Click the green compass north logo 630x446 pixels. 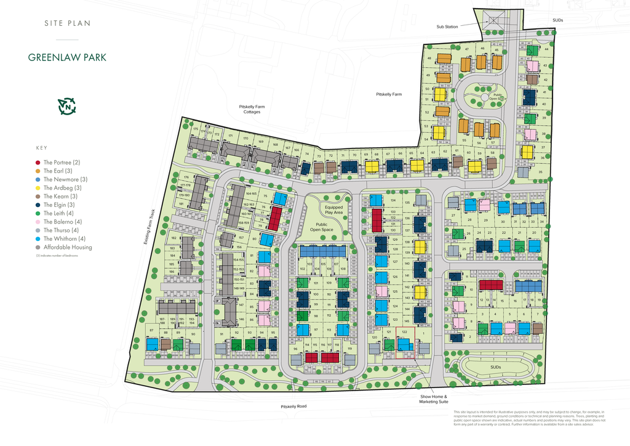[x=66, y=107]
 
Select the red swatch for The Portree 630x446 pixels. [x=39, y=162]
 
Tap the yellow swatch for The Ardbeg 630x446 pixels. [x=39, y=188]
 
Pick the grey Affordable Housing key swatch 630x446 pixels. [x=39, y=248]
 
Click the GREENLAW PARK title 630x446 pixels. [x=67, y=57]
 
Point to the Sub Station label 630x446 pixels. [x=447, y=26]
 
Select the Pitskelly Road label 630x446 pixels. [x=293, y=407]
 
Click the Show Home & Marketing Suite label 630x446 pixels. [x=434, y=399]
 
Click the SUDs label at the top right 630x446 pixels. [x=557, y=20]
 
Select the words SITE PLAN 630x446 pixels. [x=67, y=23]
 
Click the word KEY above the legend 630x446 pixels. [x=42, y=148]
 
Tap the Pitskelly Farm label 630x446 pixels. [x=389, y=94]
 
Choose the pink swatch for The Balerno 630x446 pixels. [x=39, y=222]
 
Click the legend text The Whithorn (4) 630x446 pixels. [x=64, y=239]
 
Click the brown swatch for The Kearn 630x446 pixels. [x=39, y=197]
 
